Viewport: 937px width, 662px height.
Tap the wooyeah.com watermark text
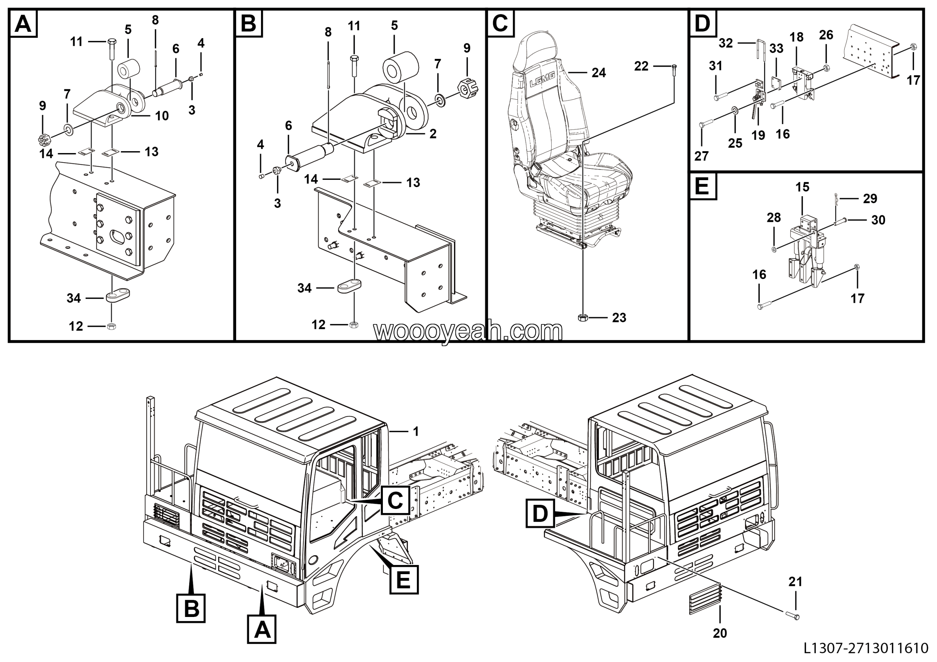[468, 331]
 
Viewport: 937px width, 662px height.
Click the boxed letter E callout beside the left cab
[404, 579]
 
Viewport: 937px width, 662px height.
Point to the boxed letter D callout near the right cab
[540, 513]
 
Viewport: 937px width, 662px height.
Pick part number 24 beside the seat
[599, 73]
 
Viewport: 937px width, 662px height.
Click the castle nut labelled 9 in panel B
[468, 87]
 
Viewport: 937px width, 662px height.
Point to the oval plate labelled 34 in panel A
[118, 295]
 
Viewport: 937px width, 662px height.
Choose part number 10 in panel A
[162, 116]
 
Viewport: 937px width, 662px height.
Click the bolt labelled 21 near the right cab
[791, 615]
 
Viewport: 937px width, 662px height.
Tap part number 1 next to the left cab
[415, 431]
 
